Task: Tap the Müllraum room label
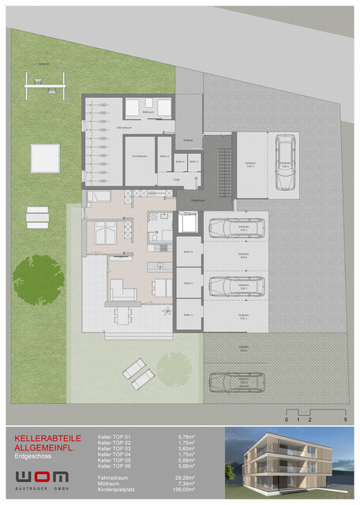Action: tap(147, 114)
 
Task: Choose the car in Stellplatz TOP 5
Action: tap(234, 285)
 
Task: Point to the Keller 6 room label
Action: tap(188, 252)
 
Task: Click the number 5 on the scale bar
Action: tap(345, 421)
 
